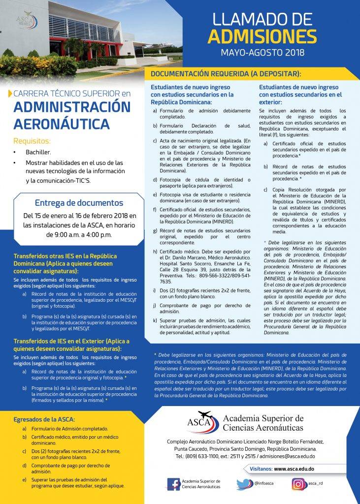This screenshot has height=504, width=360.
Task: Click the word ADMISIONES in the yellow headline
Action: (262, 36)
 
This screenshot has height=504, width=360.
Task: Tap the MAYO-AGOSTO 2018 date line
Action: (262, 52)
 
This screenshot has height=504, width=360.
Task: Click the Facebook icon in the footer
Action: (173, 484)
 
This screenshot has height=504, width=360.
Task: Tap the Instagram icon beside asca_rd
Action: (298, 484)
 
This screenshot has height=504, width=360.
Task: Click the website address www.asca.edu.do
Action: (301, 469)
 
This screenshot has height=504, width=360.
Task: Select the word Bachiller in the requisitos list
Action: (38, 153)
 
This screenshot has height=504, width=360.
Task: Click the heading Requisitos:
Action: (32, 141)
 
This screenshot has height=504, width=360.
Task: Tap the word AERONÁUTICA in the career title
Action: (62, 123)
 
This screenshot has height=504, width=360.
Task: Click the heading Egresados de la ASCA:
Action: (44, 419)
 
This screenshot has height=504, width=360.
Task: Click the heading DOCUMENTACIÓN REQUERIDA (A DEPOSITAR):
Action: (226, 74)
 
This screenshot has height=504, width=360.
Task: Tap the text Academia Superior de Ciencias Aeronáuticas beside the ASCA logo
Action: (263, 422)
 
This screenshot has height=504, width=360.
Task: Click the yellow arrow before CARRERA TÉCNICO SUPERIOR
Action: (11, 93)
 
